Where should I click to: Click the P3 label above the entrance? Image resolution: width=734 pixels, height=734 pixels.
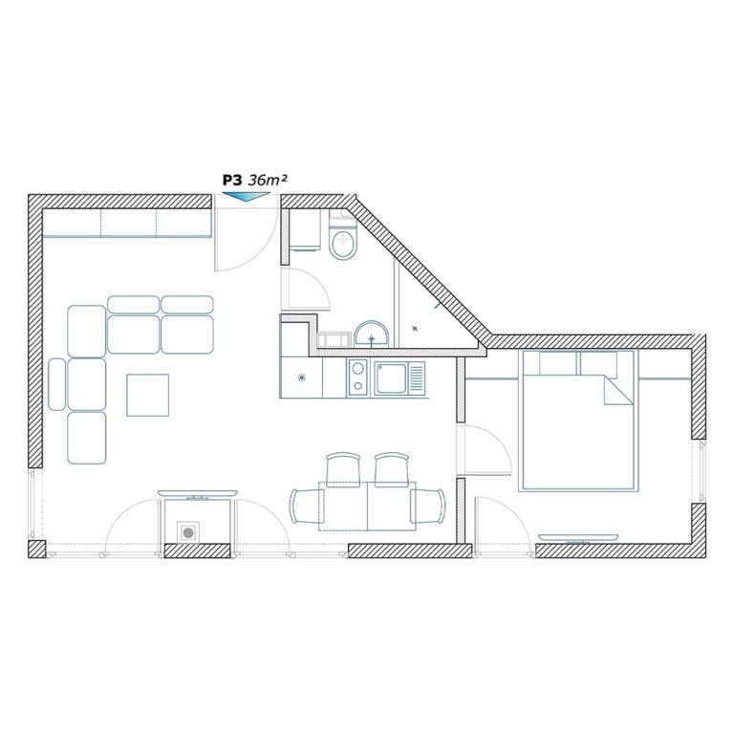tap(231, 181)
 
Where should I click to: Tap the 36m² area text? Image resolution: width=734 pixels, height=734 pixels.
tap(267, 181)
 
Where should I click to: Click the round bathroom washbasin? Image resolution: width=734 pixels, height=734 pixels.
tap(372, 334)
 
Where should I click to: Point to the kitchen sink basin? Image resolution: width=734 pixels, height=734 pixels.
tap(390, 378)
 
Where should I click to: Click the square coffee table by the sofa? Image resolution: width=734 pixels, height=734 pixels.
tap(147, 395)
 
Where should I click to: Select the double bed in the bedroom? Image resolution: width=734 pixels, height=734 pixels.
tap(578, 421)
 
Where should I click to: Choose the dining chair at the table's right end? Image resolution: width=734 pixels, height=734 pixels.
tap(428, 506)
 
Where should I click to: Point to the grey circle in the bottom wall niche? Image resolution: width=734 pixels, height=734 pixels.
tap(188, 532)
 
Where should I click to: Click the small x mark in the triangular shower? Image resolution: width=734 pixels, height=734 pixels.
tap(414, 328)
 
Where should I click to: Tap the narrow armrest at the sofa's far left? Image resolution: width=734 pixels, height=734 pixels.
tap(56, 384)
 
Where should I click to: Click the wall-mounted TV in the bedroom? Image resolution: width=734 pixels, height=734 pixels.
tap(578, 538)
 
